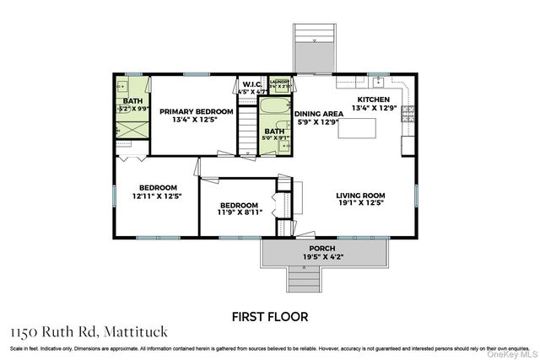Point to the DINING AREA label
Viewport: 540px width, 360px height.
pos(318,113)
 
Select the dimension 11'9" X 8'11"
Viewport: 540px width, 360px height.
pos(239,212)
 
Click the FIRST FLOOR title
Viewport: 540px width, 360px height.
pos(270,316)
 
